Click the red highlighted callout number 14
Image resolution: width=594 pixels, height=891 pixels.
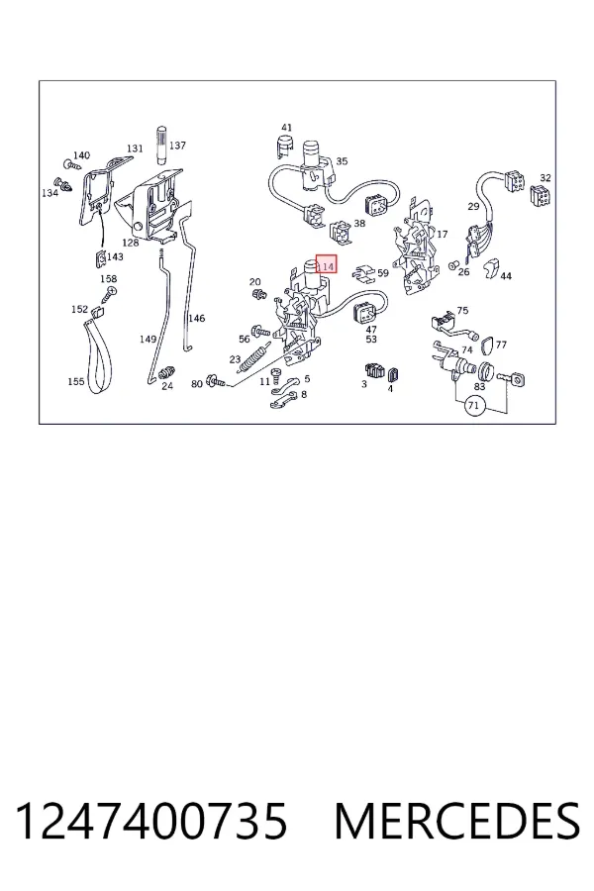[x=327, y=264]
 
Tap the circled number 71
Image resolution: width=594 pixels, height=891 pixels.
[x=474, y=406]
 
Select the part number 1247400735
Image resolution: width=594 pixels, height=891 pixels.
[x=151, y=821]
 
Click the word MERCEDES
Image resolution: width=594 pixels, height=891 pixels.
[x=457, y=821]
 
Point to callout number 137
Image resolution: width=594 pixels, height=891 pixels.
[x=177, y=146]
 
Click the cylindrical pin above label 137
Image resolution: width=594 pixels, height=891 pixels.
[x=161, y=145]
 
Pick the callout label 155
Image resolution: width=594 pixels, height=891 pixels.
[x=76, y=382]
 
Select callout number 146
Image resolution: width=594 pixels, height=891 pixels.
[x=197, y=318]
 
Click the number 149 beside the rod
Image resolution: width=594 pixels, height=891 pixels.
[x=148, y=340]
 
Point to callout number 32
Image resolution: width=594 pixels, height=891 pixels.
[x=545, y=178]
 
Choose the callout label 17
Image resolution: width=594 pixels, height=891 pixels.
[x=443, y=234]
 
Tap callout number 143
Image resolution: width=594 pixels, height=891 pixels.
[x=115, y=256]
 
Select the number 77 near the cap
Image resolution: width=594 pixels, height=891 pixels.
[x=501, y=345]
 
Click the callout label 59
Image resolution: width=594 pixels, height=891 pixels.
[x=383, y=273]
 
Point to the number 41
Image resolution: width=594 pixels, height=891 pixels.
[x=286, y=128]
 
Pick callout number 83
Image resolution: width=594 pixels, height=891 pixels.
[x=480, y=386]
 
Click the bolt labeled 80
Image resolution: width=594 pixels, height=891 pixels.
[x=216, y=381]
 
